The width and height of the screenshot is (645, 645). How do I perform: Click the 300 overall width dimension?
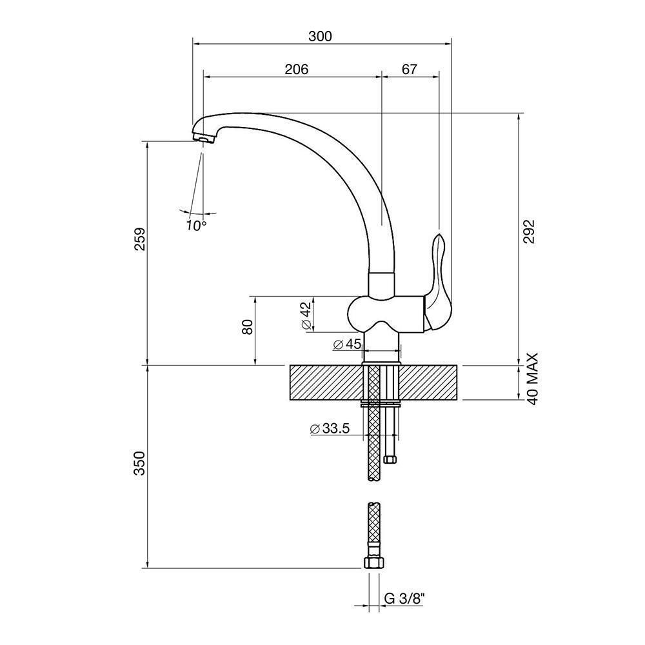(x=320, y=36)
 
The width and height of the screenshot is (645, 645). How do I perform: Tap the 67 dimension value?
(x=410, y=68)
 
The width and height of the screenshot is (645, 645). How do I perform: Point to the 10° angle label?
(x=196, y=225)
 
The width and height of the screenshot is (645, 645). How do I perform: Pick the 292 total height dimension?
(x=530, y=231)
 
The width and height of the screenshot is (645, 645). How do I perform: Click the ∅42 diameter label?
(x=306, y=316)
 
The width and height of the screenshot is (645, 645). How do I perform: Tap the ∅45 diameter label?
(x=347, y=344)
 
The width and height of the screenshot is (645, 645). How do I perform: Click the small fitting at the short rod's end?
(x=389, y=459)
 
